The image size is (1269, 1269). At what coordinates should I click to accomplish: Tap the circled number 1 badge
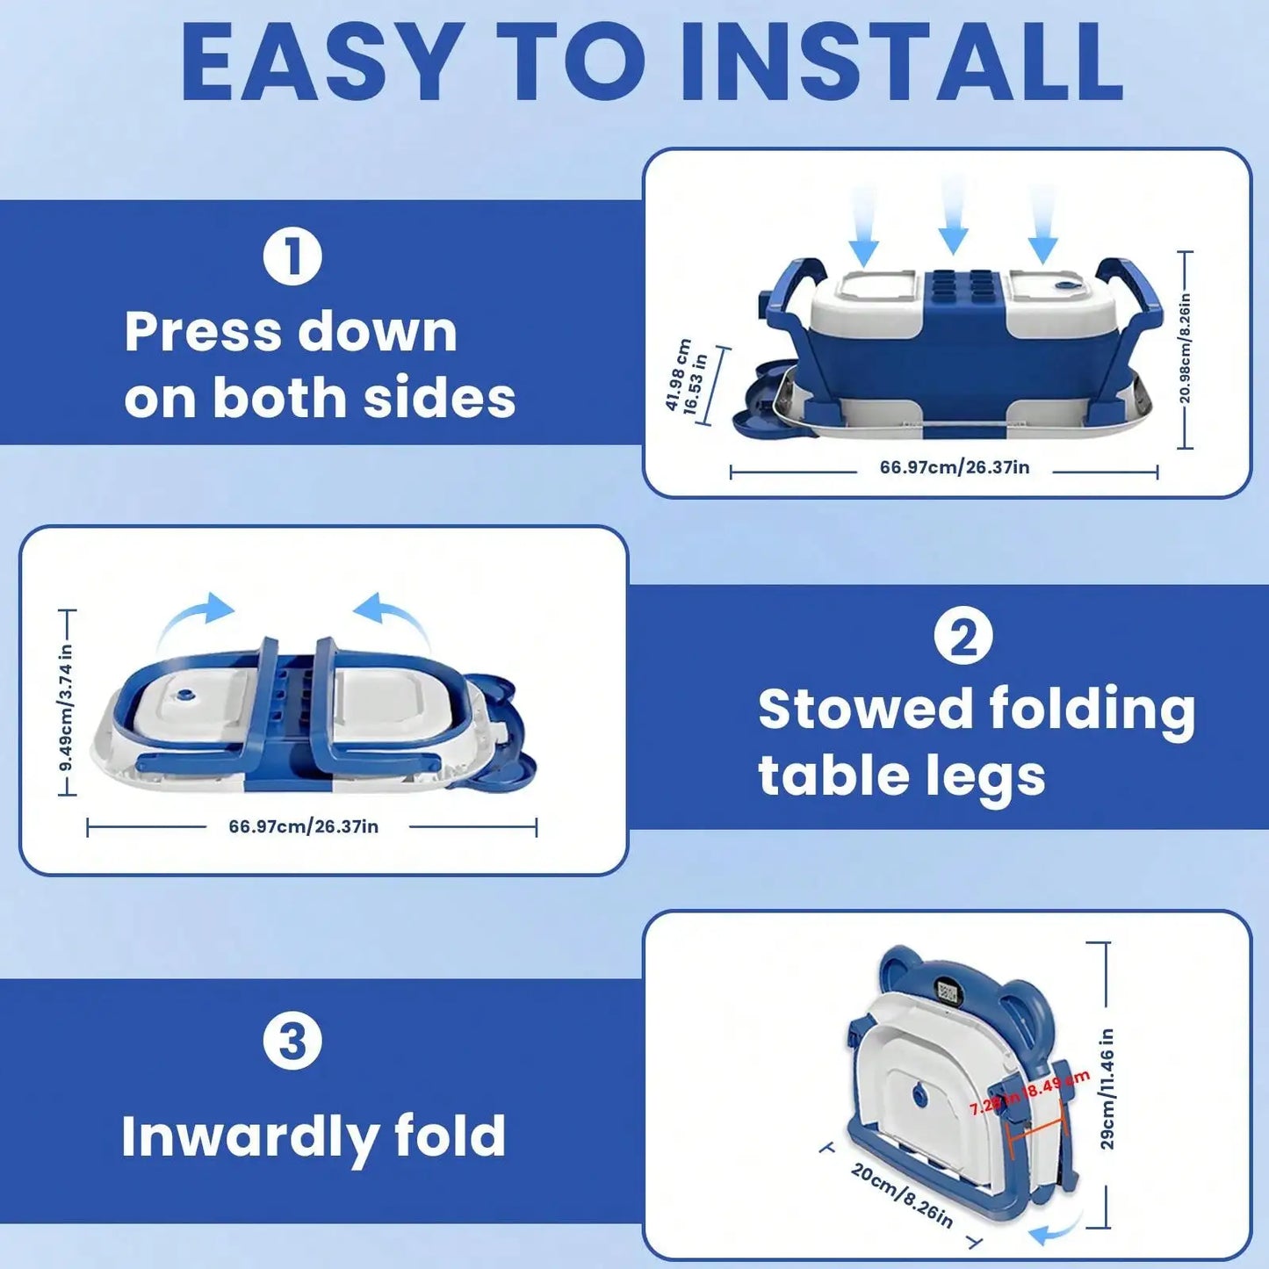pyautogui.click(x=292, y=256)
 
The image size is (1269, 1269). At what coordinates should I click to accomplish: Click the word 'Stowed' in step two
pyautogui.click(x=865, y=709)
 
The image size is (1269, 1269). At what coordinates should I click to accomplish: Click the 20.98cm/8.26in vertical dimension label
pyautogui.click(x=1185, y=349)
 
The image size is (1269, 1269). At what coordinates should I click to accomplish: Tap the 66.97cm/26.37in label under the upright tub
pyautogui.click(x=954, y=467)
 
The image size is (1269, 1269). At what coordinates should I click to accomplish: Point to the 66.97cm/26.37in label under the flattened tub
pyautogui.click(x=303, y=826)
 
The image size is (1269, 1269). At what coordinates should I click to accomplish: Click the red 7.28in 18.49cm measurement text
pyautogui.click(x=1029, y=1093)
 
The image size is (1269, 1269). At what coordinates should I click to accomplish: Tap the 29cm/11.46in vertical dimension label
pyautogui.click(x=1107, y=1089)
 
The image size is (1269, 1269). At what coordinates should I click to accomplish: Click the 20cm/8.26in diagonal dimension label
pyautogui.click(x=901, y=1195)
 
